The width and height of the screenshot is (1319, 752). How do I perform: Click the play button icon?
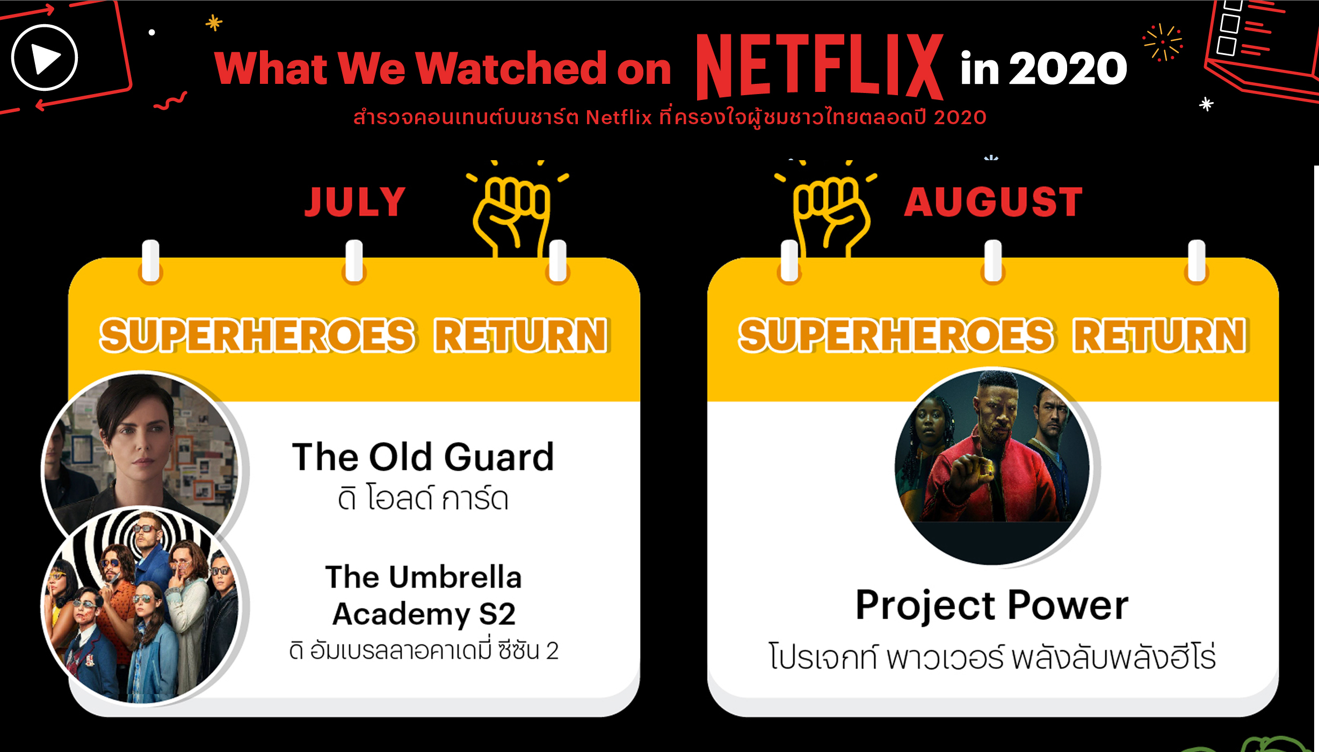tap(45, 58)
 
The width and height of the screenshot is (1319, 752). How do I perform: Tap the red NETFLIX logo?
tap(820, 67)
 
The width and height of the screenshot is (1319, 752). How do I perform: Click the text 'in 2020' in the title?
tap(1043, 68)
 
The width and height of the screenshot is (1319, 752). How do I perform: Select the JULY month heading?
tap(355, 202)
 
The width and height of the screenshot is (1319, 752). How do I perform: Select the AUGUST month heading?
tap(994, 202)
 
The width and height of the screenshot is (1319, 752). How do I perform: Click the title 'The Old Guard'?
tap(423, 457)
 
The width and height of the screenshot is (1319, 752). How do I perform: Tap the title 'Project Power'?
tap(992, 606)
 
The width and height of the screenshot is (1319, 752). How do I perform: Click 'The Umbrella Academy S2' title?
tap(423, 595)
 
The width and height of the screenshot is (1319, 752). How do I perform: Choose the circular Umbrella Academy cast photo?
tap(141, 605)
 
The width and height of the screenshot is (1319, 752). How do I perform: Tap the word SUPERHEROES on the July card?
tap(257, 335)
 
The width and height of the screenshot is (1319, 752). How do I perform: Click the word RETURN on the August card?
tap(1160, 335)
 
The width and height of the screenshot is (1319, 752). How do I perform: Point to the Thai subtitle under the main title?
tap(670, 116)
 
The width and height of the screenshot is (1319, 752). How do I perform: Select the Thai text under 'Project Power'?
tap(992, 656)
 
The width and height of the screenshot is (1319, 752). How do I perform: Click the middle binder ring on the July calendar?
tap(354, 261)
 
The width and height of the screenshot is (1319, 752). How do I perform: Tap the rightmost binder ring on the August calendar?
tap(1197, 261)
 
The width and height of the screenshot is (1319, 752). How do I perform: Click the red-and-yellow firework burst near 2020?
tap(1163, 42)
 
